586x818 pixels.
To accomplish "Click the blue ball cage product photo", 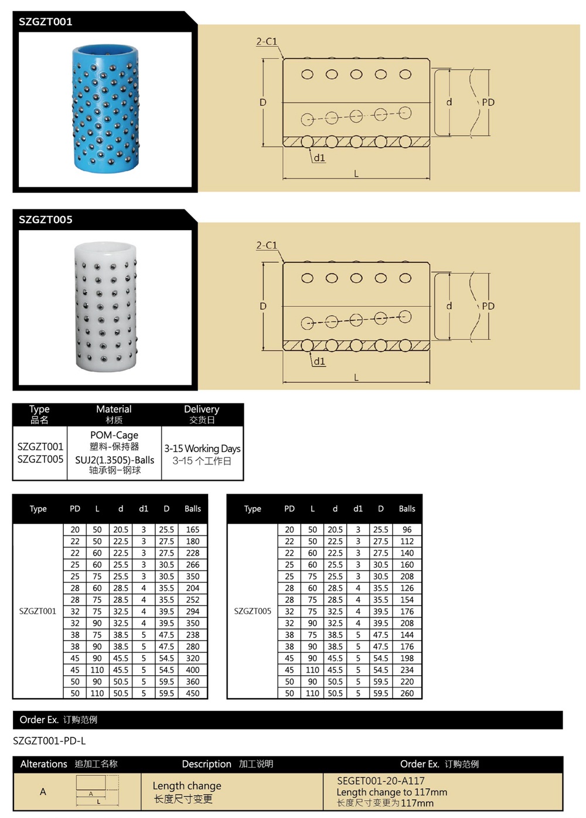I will [x=105, y=109].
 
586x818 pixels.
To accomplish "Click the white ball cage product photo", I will [x=105, y=307].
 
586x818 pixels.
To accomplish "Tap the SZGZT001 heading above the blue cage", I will [x=46, y=22].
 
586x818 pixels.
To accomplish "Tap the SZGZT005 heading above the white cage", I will [x=46, y=220].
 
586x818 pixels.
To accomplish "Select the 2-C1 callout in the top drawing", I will [x=267, y=42].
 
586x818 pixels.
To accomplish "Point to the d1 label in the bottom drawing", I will [x=319, y=361].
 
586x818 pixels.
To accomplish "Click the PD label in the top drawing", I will [x=488, y=102].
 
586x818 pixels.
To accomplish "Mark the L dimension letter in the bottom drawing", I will [x=356, y=378].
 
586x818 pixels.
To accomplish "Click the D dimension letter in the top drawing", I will [x=263, y=102].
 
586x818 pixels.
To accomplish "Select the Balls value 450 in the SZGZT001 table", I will [x=193, y=693].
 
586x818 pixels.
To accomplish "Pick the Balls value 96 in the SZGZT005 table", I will [x=407, y=529].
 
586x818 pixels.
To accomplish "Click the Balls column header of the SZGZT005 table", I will [x=407, y=509].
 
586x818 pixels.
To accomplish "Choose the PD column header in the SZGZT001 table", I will [x=75, y=509].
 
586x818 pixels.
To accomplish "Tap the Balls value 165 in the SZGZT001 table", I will [x=193, y=529].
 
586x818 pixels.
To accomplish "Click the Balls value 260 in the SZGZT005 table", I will [x=407, y=693].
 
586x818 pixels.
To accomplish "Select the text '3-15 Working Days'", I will [x=202, y=449].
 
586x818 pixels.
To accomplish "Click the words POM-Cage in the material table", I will [x=114, y=435].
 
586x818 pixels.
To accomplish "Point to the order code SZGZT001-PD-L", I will [x=49, y=741].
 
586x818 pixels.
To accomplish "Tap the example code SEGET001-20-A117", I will [x=381, y=781].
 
